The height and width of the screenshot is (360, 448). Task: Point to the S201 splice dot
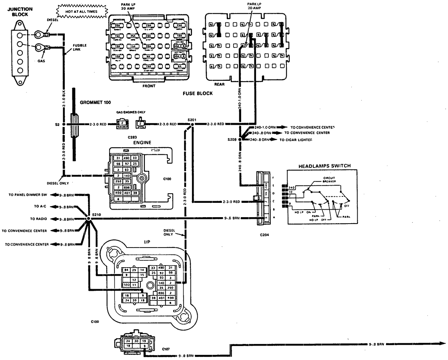192,124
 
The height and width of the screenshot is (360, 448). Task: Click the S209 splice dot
240,139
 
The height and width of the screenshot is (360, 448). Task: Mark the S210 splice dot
88,219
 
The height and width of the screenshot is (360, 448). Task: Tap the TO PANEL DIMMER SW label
27,195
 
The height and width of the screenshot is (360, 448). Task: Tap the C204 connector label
264,235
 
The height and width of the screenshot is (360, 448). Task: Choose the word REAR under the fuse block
219,84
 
